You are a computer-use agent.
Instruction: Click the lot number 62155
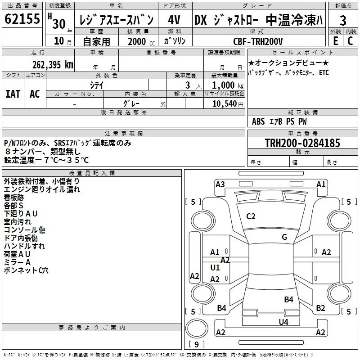coord(22,19)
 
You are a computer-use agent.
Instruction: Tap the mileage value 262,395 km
coord(53,65)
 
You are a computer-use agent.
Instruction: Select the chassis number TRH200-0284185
coord(302,143)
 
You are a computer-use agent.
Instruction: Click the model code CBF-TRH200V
coord(258,41)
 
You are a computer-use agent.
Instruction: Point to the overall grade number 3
coord(343,20)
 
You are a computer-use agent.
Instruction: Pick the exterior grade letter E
coord(335,41)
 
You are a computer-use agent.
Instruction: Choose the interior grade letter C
coord(350,41)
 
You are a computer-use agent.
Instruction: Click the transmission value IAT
coord(13,94)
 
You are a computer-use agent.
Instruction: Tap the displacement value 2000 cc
coord(141,41)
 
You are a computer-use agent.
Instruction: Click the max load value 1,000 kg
coord(228,85)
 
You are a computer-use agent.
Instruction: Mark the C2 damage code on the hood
coord(251,216)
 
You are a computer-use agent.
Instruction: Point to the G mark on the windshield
coord(284,237)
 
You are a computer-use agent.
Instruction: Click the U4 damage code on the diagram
coord(283,322)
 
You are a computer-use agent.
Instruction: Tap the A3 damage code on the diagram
coord(220,184)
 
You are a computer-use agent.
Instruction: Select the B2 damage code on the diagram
coord(320,308)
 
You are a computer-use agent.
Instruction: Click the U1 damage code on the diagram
coord(215,267)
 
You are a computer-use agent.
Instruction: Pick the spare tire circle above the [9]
coord(197,328)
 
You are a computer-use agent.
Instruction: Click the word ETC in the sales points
coord(324,72)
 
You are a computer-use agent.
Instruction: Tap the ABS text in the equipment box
coord(258,121)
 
